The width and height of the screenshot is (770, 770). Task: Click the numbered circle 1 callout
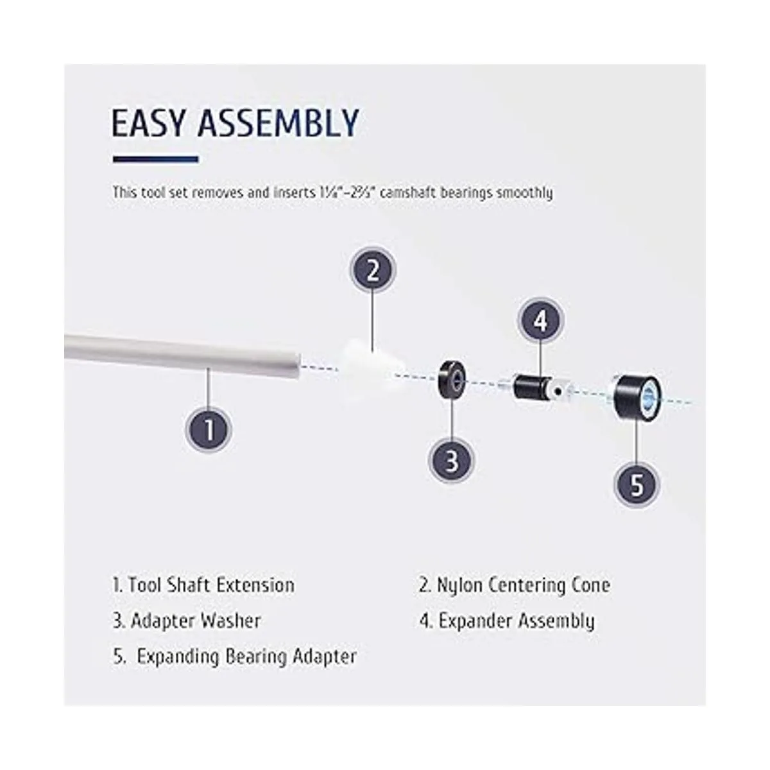pyautogui.click(x=209, y=430)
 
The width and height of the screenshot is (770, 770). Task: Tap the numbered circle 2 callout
pyautogui.click(x=373, y=270)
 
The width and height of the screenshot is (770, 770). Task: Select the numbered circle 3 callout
pyautogui.click(x=452, y=460)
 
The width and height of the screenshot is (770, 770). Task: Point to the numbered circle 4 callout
pyautogui.click(x=540, y=321)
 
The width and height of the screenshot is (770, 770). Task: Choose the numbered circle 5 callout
pyautogui.click(x=637, y=484)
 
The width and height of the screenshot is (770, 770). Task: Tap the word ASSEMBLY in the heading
pyautogui.click(x=278, y=123)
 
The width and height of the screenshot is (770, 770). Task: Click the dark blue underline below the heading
pyautogui.click(x=155, y=159)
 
